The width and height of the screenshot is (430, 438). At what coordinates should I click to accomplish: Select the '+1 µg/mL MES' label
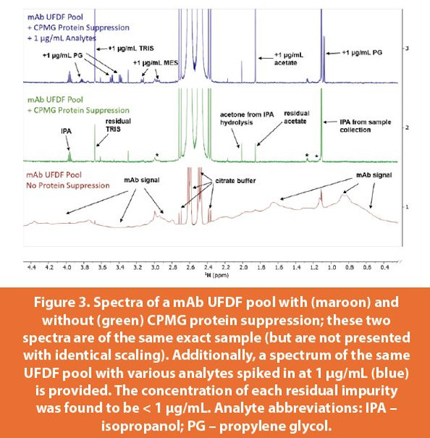(156, 63)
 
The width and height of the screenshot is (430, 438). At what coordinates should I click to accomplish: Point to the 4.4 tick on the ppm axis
(31, 267)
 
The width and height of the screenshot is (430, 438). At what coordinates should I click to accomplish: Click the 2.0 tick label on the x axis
(244, 267)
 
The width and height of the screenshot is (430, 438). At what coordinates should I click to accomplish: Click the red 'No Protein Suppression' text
(67, 185)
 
